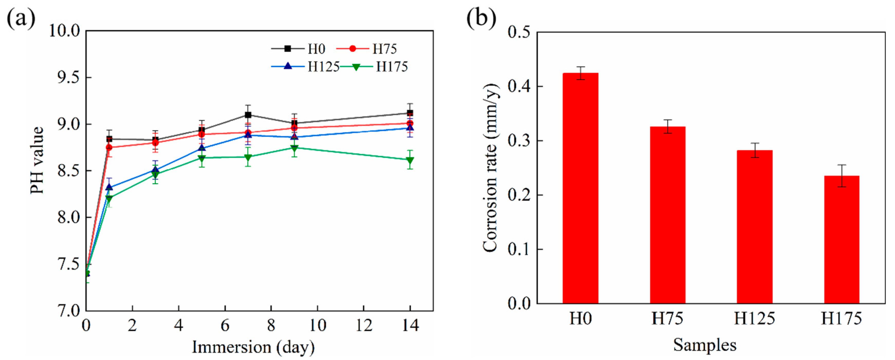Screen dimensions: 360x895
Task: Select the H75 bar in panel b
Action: pos(667,215)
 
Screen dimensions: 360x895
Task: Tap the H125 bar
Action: pos(754,227)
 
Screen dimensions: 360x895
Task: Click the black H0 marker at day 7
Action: pos(248,115)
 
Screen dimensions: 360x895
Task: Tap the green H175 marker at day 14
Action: pos(410,160)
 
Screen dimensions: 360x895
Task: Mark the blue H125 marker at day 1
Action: pos(109,187)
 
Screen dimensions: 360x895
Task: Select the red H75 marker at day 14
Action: pos(410,123)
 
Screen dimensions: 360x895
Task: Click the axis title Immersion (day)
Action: pos(253,347)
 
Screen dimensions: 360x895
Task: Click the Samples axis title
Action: pos(705,345)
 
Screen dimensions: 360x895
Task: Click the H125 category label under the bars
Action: pos(754,318)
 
